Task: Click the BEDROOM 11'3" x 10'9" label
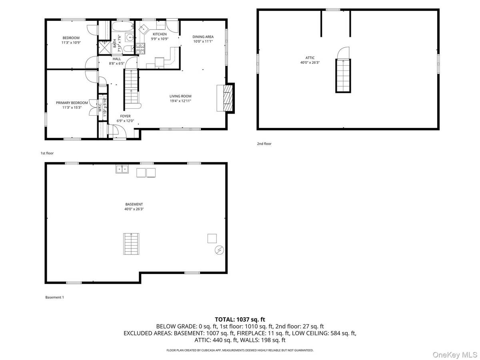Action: coord(70,40)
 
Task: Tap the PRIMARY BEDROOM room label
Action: coord(72,105)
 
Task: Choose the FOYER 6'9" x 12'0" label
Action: coord(125,118)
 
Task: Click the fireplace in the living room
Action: coord(227,98)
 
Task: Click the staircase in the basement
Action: coord(131,244)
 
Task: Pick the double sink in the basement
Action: coord(122,169)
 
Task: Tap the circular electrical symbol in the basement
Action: coord(219,250)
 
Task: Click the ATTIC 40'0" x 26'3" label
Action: coord(310,60)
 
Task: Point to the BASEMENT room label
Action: coord(134,206)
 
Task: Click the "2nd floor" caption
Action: coord(264,144)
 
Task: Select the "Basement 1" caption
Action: coord(54,297)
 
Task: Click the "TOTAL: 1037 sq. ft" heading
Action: coord(240,319)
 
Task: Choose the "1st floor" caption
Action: coord(47,153)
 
